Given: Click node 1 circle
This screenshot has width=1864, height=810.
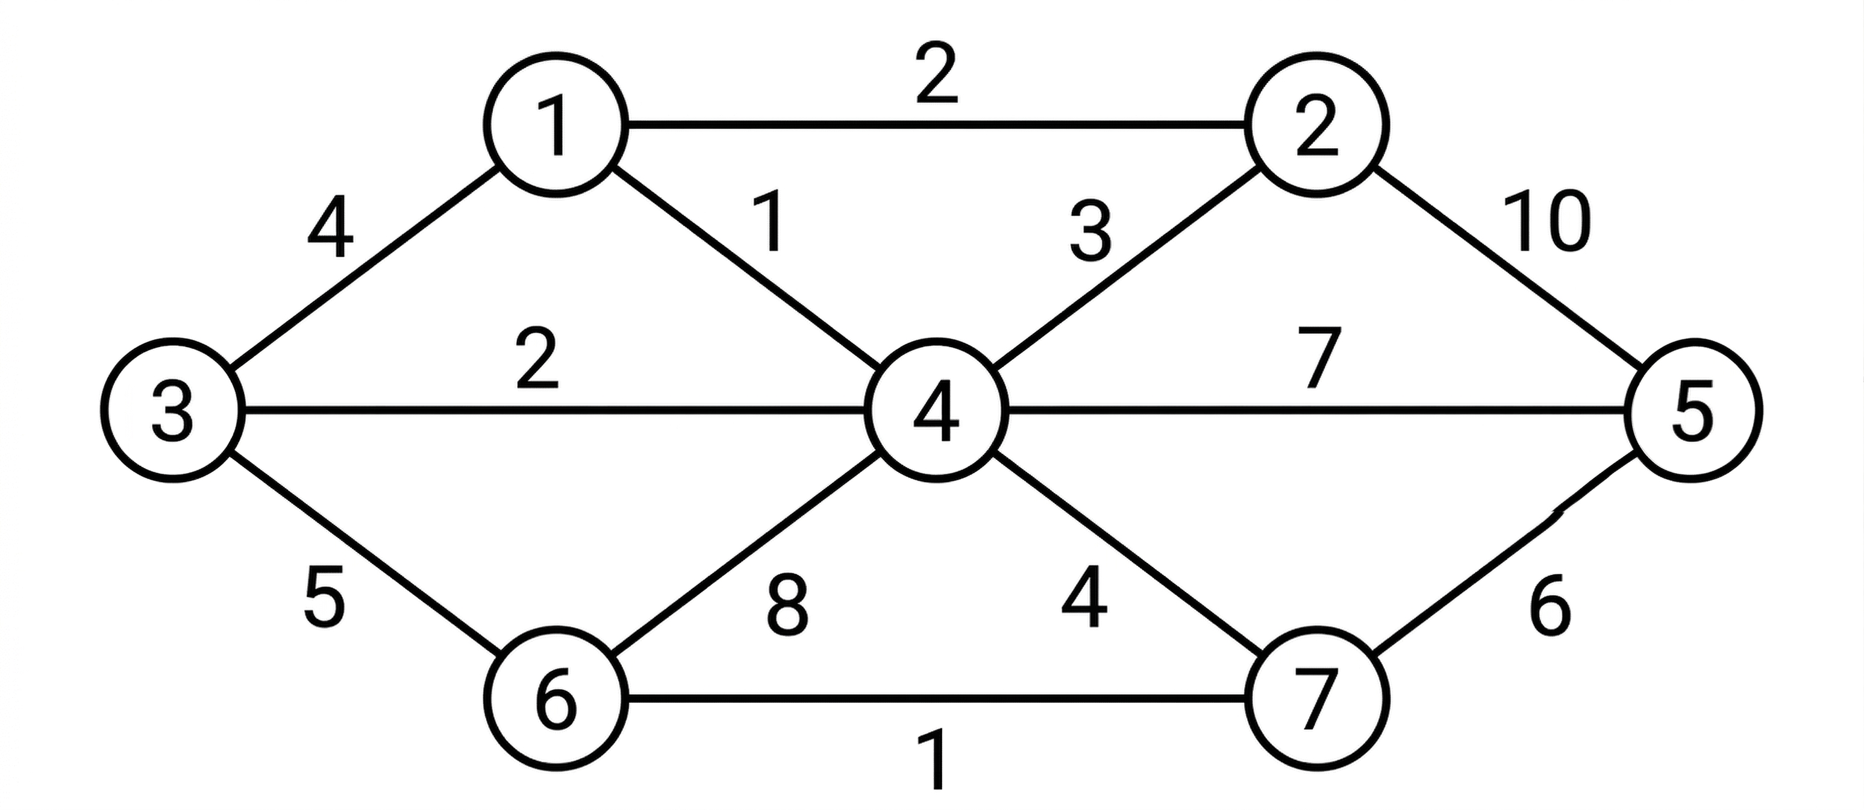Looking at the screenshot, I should coord(555,125).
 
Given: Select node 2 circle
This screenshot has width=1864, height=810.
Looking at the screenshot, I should coord(1317,125).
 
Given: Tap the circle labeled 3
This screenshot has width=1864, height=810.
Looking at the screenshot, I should coord(172,410).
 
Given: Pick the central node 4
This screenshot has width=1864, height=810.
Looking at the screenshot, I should coord(936,410).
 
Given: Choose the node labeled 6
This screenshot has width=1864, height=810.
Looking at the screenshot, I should coord(555,699).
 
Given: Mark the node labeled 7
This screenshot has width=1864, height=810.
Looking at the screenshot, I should coord(1317,699).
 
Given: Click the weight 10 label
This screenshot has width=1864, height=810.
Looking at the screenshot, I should coord(1547,223).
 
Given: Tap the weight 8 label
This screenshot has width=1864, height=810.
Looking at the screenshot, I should coord(787,606).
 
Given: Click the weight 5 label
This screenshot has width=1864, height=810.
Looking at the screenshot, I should coord(324,597).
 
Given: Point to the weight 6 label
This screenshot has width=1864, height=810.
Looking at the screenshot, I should coord(1550,606).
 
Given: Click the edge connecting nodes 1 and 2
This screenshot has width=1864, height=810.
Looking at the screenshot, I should coord(936,125).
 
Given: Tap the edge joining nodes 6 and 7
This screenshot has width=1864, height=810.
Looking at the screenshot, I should coord(936,699).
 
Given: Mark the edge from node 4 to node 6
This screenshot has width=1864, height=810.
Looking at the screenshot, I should coord(745,554).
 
